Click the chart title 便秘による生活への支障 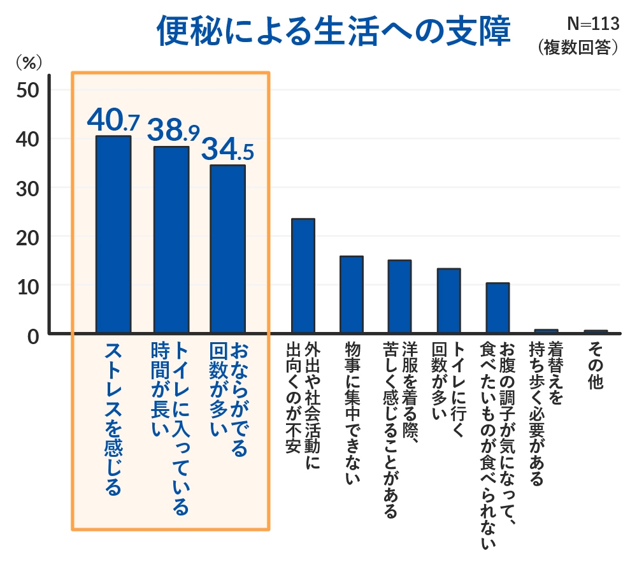[333, 31]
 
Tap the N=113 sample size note [592, 24]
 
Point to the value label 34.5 [227, 150]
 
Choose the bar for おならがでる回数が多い [227, 249]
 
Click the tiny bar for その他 [596, 331]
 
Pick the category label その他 [596, 364]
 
